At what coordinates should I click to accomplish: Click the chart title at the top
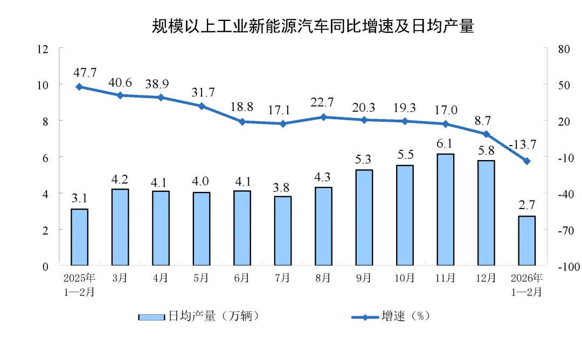(x=313, y=26)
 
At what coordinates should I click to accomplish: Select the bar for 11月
(x=446, y=210)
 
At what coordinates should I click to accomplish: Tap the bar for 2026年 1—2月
(x=527, y=240)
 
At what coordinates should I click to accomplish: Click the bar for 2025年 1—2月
(x=79, y=237)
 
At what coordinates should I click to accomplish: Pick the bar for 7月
(x=282, y=231)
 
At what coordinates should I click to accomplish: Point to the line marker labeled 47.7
(x=79, y=86)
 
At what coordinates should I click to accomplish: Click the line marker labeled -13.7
(x=527, y=161)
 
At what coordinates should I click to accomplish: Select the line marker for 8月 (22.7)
(x=323, y=117)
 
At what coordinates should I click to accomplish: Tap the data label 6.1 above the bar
(x=446, y=143)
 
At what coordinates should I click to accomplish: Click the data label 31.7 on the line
(x=202, y=92)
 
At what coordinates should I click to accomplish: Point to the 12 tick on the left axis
(x=43, y=49)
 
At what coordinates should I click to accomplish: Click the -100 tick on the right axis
(x=561, y=267)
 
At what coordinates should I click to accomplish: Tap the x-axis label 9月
(x=364, y=278)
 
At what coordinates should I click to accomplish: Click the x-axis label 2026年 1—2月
(x=527, y=285)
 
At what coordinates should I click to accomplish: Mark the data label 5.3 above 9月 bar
(x=364, y=160)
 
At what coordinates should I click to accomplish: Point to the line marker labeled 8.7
(x=486, y=134)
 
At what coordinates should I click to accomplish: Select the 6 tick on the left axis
(x=46, y=157)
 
